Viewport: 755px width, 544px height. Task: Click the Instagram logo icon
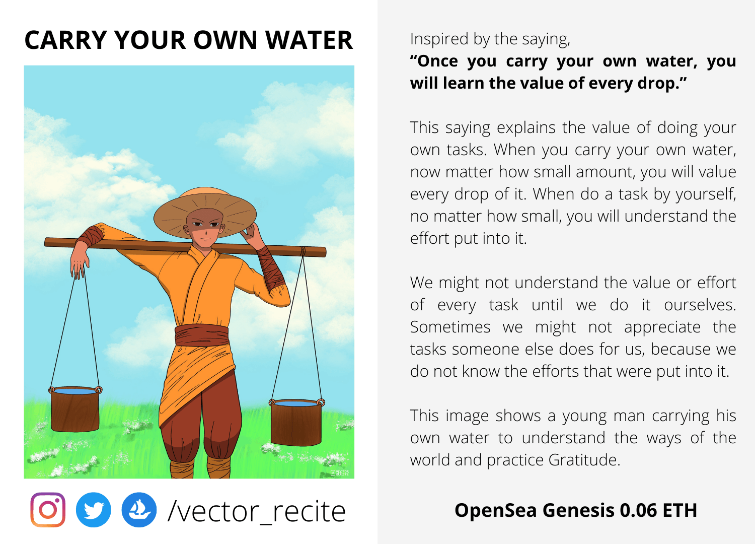(48, 510)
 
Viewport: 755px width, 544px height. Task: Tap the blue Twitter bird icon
(93, 510)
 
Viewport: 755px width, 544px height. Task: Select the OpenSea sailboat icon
(139, 510)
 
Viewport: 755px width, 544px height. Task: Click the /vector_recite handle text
(257, 511)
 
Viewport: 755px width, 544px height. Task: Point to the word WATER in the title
(309, 40)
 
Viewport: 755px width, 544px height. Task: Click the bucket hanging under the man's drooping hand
(75, 409)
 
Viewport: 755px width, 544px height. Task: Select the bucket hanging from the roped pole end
(296, 422)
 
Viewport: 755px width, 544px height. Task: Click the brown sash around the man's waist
(201, 335)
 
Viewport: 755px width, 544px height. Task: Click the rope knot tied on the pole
(303, 251)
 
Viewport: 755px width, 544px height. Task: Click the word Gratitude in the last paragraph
(584, 460)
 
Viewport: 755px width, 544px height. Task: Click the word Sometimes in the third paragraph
(450, 327)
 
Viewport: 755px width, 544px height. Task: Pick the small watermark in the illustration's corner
(340, 473)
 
